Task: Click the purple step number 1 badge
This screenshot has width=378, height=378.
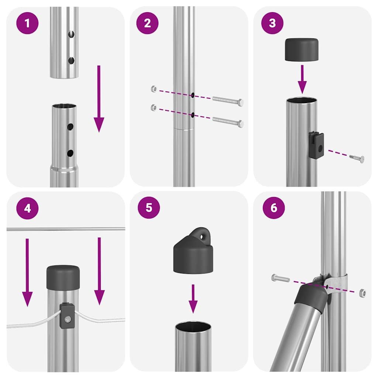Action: pos(27,23)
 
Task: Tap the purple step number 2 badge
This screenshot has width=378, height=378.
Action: pos(148,23)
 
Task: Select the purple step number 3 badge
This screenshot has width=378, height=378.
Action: pos(272,23)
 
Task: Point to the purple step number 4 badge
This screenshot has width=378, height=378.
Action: pos(27,208)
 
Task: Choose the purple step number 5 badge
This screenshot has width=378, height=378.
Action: pos(148,207)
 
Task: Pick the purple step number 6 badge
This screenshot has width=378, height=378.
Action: pos(274,207)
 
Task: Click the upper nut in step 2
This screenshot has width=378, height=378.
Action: pos(154,89)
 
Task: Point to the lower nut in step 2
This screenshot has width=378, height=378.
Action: pos(154,108)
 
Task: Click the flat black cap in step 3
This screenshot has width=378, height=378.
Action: pos(301,49)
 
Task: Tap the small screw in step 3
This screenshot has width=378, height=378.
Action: pos(357,158)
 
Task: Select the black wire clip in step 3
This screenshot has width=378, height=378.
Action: pos(317,145)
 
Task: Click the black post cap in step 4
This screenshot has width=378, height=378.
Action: pos(63,277)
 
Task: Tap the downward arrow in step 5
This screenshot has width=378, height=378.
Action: pos(193,299)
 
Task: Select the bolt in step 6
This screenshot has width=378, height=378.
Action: pos(281,278)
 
